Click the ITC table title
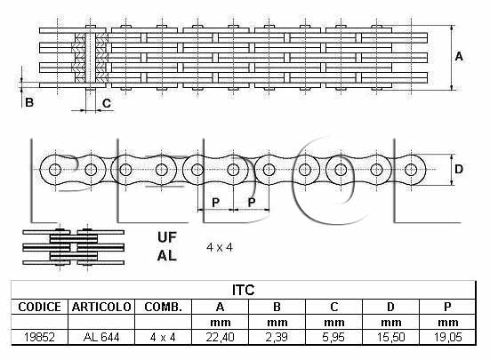pyautogui.click(x=243, y=290)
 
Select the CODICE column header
pyautogui.click(x=39, y=307)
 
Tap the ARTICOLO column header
pyautogui.click(x=101, y=307)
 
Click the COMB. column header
pyautogui.click(x=163, y=307)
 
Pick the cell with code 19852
pyautogui.click(x=39, y=337)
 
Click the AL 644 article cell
pyautogui.click(x=101, y=337)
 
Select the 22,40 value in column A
pyautogui.click(x=220, y=337)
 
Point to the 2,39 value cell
pyautogui.click(x=277, y=337)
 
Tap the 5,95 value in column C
pyautogui.click(x=333, y=337)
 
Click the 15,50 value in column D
pyautogui.click(x=391, y=337)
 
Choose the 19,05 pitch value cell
pyautogui.click(x=447, y=337)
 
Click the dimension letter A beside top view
pyautogui.click(x=459, y=57)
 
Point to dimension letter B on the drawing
pyautogui.click(x=29, y=102)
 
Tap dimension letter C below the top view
pyautogui.click(x=107, y=103)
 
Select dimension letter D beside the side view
pyautogui.click(x=459, y=169)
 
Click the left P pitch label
pyautogui.click(x=215, y=203)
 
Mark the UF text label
pyautogui.click(x=167, y=237)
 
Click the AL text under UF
pyautogui.click(x=167, y=256)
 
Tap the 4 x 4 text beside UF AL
pyautogui.click(x=220, y=248)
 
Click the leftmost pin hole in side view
pyautogui.click(x=55, y=170)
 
